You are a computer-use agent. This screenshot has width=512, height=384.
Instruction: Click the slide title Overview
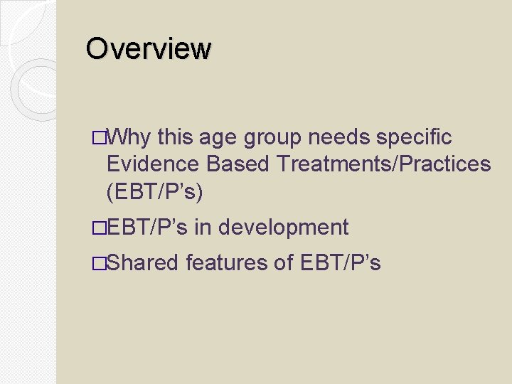149,49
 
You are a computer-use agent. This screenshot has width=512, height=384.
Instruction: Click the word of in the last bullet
284,263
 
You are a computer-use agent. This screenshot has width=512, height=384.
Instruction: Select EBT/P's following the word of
341,263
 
